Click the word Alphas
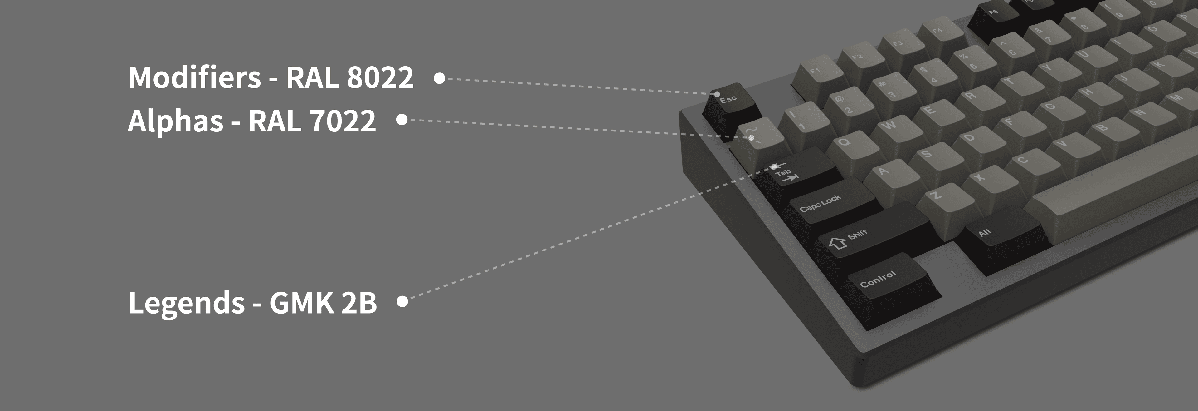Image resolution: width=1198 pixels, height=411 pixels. [175, 121]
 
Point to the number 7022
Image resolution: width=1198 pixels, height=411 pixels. [342, 121]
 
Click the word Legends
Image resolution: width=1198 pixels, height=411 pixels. [186, 303]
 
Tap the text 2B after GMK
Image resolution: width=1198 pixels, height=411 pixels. [358, 303]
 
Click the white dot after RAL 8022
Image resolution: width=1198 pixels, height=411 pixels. [439, 78]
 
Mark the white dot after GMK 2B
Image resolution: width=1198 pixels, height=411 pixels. [403, 302]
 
